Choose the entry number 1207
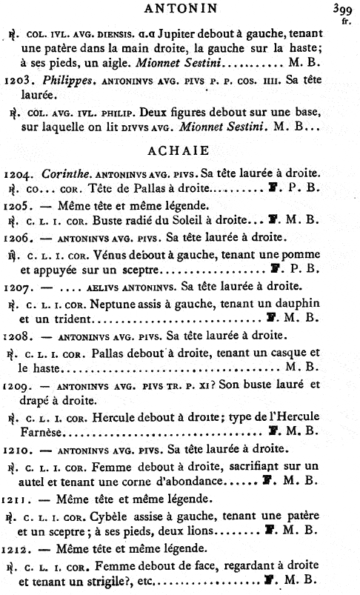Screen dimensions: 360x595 17,285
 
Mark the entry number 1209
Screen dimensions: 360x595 17,385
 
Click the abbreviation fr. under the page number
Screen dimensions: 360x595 345,21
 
